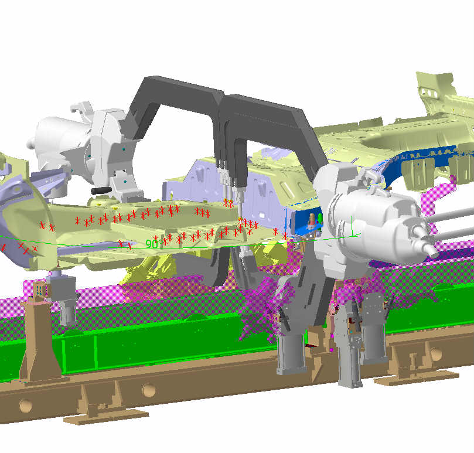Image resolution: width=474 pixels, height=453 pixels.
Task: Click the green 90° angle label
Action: point(151,244)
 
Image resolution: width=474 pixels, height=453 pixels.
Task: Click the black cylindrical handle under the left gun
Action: point(101,191)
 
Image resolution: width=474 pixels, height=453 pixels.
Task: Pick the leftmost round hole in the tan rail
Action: point(25,405)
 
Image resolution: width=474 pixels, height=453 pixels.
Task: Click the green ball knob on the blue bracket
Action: point(320,217)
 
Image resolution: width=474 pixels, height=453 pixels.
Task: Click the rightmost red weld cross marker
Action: point(285,236)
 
